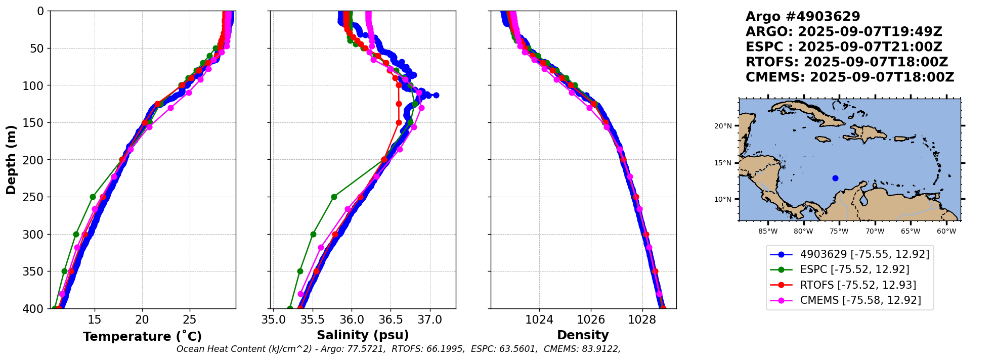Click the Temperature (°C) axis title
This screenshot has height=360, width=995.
click(142, 336)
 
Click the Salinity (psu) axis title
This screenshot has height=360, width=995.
click(363, 335)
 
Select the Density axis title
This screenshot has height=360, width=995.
click(583, 335)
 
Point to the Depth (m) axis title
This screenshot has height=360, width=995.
click(11, 159)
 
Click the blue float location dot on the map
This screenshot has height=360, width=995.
click(835, 178)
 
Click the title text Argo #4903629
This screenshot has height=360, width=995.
click(803, 17)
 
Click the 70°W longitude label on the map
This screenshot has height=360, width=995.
click(875, 232)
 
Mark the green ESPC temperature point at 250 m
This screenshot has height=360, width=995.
click(93, 197)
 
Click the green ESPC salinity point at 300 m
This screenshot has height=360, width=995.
click(313, 234)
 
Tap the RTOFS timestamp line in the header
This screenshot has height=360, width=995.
click(847, 62)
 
